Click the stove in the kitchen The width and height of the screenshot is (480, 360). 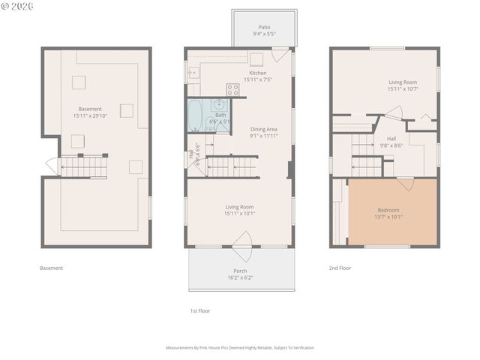pyautogui.click(x=232, y=89)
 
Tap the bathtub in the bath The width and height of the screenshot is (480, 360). pyautogui.click(x=195, y=115)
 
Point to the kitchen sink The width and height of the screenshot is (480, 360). pyautogui.click(x=193, y=73)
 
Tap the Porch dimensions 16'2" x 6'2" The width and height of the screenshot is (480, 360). pyautogui.click(x=240, y=277)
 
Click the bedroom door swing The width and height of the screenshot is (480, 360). pyautogui.click(x=406, y=184)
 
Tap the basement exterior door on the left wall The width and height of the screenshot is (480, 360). pyautogui.click(x=52, y=166)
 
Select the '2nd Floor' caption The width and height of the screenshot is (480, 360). pyautogui.click(x=340, y=268)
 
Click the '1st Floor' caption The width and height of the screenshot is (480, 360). pyautogui.click(x=200, y=310)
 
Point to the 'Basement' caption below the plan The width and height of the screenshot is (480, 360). pyautogui.click(x=51, y=268)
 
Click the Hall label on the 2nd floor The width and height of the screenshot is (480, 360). pyautogui.click(x=391, y=139)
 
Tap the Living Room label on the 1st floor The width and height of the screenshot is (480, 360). pyautogui.click(x=239, y=206)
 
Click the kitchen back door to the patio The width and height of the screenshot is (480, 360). pyautogui.click(x=279, y=55)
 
